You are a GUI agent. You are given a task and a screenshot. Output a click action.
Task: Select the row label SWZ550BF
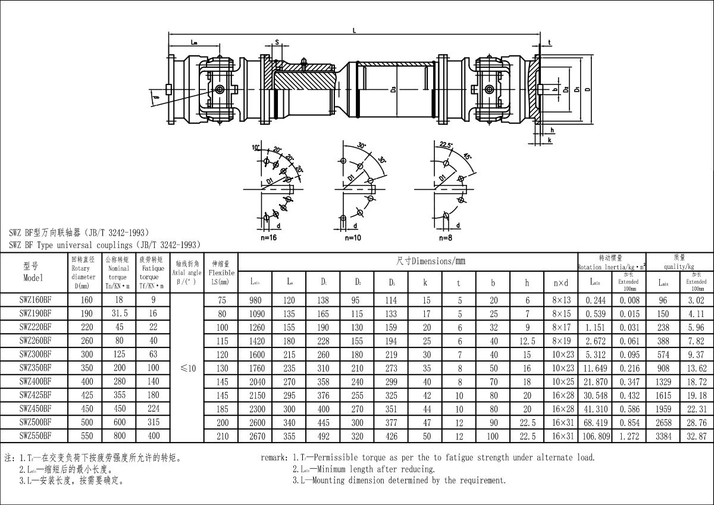35,435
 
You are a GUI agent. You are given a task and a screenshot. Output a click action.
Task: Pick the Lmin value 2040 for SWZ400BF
255,382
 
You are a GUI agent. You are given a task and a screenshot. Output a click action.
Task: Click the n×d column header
560,283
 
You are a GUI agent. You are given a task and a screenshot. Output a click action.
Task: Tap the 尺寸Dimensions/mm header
430,261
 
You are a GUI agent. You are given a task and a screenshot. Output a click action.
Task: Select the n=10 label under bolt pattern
353,237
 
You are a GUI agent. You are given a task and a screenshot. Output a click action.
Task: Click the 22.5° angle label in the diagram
446,145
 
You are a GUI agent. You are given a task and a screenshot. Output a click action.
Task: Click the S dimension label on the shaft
277,42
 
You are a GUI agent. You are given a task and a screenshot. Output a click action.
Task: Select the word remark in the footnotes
274,458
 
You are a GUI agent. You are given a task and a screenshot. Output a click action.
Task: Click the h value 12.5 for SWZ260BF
527,341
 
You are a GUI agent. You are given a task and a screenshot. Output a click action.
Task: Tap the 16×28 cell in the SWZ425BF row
560,395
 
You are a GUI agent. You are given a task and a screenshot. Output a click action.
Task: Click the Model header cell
33,272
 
